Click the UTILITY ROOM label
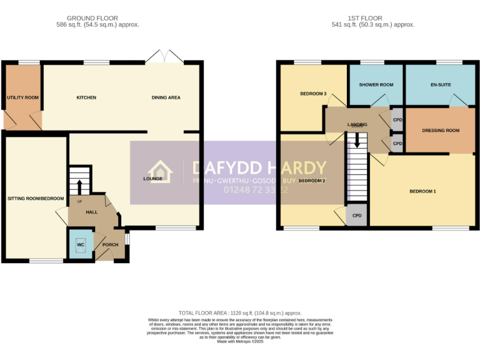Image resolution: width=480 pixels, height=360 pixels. [x=23, y=97]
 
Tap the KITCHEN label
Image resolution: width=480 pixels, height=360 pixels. [x=86, y=97]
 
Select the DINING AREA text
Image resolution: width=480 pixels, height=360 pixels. [x=166, y=97]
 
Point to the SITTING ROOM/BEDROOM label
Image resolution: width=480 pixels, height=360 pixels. [x=36, y=199]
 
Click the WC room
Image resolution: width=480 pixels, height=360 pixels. [x=80, y=244]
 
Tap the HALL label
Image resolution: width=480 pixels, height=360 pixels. [x=91, y=212]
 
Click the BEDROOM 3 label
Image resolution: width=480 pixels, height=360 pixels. [x=313, y=94]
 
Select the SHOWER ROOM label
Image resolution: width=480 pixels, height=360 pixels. [x=376, y=85]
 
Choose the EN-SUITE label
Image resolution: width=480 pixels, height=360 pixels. [x=440, y=85]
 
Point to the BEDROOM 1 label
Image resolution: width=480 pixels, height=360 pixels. [x=422, y=191]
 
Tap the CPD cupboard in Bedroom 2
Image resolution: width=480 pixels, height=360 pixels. [x=357, y=216]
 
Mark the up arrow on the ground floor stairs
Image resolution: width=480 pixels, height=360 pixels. [x=79, y=186]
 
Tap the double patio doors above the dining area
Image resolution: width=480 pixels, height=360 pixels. [x=164, y=56]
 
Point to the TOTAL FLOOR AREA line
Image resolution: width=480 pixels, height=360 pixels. [x=240, y=313]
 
